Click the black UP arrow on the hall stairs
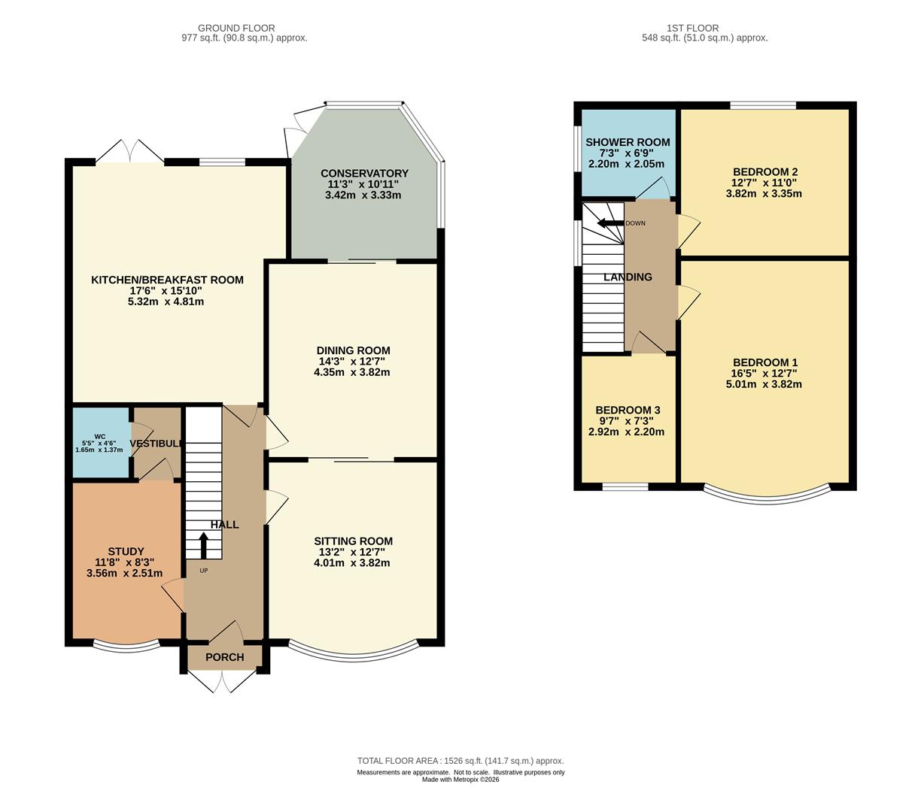click(x=203, y=545)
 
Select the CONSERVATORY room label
click(x=364, y=173)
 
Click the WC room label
click(x=99, y=436)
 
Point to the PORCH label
click(x=224, y=657)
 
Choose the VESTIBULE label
click(x=156, y=443)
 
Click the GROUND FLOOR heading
click(x=236, y=28)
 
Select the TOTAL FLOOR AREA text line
click(x=460, y=761)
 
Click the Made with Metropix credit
click(x=460, y=780)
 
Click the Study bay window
click(x=126, y=647)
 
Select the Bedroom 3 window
click(x=625, y=487)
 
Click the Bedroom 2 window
click(x=763, y=105)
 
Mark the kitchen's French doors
click(x=130, y=150)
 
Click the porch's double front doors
click(x=222, y=682)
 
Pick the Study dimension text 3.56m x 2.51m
click(x=125, y=573)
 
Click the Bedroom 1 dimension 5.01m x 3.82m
click(x=764, y=384)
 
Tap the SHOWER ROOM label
click(x=628, y=142)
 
